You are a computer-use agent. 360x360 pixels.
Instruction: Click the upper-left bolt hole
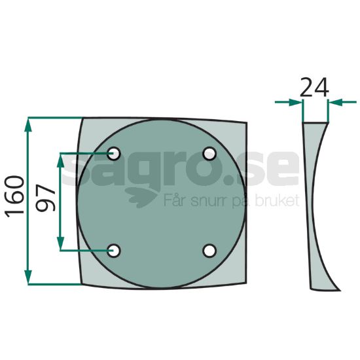[113, 153]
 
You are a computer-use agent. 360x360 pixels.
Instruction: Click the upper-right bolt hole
[209, 154]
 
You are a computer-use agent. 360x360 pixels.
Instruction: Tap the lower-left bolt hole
[113, 251]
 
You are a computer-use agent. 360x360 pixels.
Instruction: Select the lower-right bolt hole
[209, 251]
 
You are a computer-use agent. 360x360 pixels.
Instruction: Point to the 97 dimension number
[46, 198]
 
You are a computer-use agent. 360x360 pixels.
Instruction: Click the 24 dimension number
[314, 88]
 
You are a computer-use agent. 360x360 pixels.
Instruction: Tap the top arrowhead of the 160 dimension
[28, 126]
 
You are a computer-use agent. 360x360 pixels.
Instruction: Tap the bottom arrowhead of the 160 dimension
[28, 277]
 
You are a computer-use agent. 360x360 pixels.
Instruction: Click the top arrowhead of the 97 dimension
[60, 160]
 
